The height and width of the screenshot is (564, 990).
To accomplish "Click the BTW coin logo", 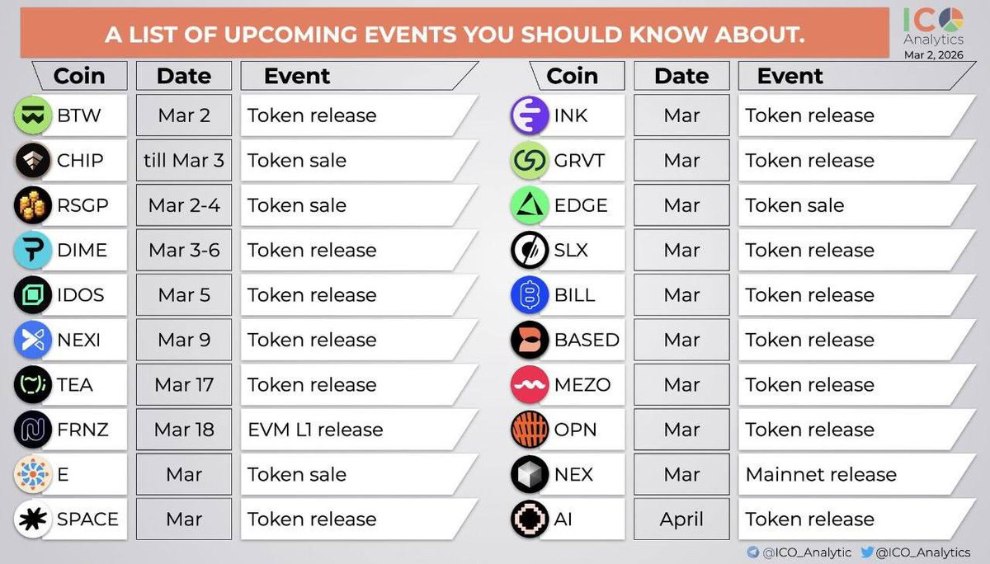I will (34, 116).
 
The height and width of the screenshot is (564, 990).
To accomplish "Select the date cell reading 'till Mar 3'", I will (184, 161).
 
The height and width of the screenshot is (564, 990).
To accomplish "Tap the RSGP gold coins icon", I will (34, 206).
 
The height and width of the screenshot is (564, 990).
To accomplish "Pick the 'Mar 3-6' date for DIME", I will (184, 251).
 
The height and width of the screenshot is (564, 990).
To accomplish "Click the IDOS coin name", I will (80, 295).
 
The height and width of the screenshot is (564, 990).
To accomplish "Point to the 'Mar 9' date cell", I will (184, 340).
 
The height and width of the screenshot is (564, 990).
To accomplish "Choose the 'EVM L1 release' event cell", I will (315, 430).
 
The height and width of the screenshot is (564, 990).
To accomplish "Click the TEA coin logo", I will (34, 385).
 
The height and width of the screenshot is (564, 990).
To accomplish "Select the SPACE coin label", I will (87, 519).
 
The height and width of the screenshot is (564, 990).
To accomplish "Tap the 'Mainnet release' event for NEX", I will (820, 475).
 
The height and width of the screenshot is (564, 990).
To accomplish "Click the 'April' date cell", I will (681, 519).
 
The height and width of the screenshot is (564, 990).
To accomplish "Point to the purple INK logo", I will (529, 116).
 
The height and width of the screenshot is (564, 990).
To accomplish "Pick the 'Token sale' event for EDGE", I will (794, 206).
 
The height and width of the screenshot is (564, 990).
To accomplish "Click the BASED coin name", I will (587, 340).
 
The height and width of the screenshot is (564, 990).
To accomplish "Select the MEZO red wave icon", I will (529, 385).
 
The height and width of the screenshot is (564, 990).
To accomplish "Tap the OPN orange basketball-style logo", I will (529, 430).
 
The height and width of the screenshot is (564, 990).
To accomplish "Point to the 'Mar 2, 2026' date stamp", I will (933, 53).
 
